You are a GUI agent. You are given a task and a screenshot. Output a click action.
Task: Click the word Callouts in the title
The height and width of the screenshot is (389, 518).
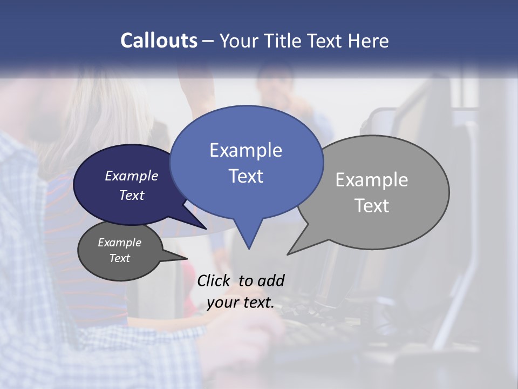[x=159, y=41]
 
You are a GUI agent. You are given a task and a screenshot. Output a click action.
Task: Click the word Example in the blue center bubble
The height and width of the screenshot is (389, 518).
[x=246, y=150]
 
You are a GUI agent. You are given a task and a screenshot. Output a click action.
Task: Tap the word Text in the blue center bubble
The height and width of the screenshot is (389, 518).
[x=246, y=176]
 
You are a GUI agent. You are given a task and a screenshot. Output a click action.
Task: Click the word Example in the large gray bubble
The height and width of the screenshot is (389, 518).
[x=371, y=180]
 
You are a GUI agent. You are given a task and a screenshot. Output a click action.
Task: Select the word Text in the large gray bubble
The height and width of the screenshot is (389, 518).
[x=371, y=206]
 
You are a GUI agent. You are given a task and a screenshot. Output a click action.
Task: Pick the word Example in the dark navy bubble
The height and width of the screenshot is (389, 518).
[x=131, y=176]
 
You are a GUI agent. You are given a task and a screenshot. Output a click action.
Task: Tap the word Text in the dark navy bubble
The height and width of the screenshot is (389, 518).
[x=131, y=195]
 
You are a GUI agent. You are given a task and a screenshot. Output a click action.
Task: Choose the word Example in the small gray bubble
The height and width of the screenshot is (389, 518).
[x=119, y=243]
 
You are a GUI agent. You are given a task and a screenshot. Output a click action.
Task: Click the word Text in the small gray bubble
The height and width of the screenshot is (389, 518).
[x=119, y=258]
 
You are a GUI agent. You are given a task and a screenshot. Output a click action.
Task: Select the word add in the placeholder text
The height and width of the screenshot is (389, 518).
[x=271, y=280]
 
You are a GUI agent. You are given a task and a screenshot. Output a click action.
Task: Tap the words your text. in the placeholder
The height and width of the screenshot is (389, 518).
[x=240, y=303]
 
